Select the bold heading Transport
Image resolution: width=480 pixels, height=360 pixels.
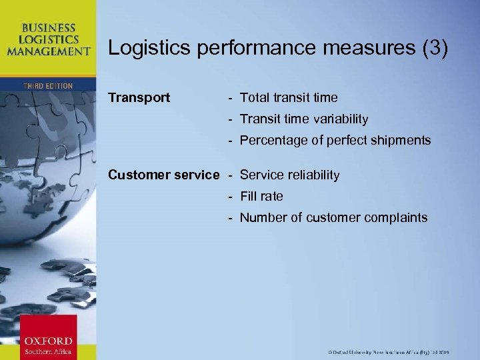(x=139, y=98)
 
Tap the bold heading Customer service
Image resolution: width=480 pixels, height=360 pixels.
(x=163, y=175)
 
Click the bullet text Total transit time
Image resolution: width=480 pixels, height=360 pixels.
(x=289, y=98)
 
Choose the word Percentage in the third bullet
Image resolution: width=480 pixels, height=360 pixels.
(x=271, y=141)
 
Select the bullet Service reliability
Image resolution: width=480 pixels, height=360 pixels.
(x=289, y=175)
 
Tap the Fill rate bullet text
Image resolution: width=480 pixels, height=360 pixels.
(x=261, y=197)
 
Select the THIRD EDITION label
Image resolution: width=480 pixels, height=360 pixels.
(x=47, y=86)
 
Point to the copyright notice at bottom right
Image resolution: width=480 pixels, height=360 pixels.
(x=389, y=351)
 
